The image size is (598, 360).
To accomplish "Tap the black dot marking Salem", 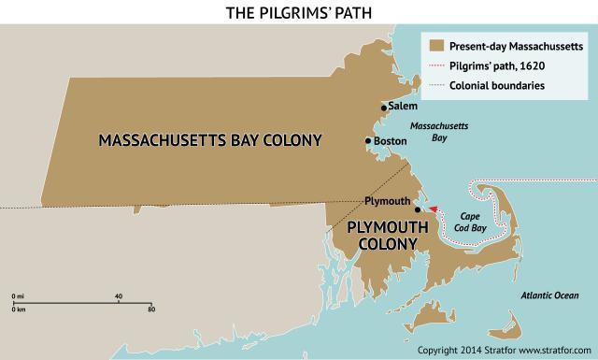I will (383, 108).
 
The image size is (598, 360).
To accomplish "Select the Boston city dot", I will (368, 142).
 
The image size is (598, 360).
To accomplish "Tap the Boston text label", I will (389, 142).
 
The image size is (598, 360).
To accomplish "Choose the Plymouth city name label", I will (388, 201).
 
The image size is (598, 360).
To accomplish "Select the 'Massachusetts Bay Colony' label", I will (210, 140).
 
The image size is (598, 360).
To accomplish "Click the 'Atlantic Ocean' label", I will (554, 296).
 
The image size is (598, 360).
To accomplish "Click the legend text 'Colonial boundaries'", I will (496, 86).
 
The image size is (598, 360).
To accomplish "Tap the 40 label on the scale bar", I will (118, 296).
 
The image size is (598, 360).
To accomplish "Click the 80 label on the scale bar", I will (150, 308).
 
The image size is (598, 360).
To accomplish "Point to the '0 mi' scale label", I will (18, 296).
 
